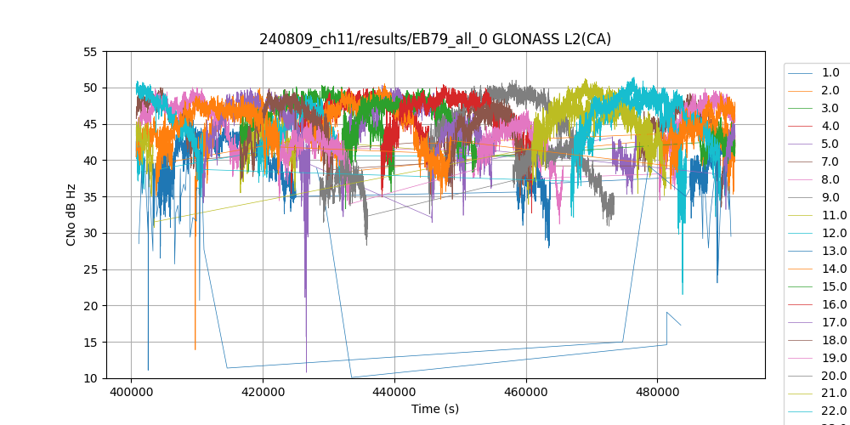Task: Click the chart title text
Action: (435, 39)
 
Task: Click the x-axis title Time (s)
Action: (435, 409)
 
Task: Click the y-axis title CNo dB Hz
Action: (71, 215)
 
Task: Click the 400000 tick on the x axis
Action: (131, 392)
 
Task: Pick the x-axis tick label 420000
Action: (263, 392)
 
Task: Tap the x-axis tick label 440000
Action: (394, 392)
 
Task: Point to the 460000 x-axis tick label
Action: (526, 392)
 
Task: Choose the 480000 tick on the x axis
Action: (657, 392)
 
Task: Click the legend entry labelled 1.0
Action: (830, 72)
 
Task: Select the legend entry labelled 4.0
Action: (830, 126)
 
